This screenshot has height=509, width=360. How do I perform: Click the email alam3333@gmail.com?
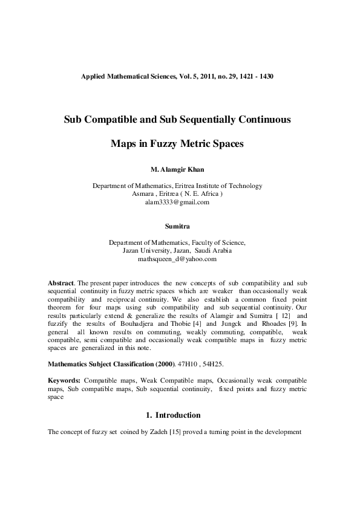tap(177, 203)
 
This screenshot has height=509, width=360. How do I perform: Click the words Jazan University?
tap(146, 250)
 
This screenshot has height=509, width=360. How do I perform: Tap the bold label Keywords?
tap(64, 381)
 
